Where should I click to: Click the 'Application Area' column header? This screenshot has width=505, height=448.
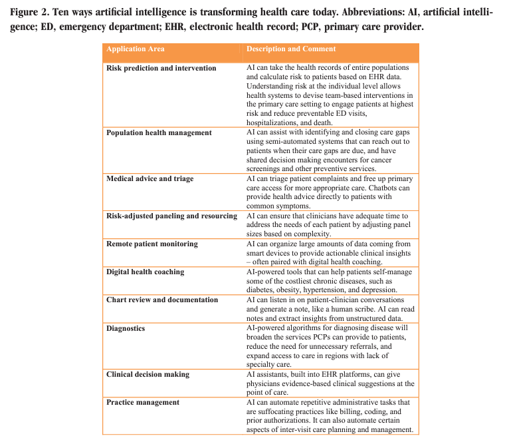point(136,49)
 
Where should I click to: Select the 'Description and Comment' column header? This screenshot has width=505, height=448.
point(291,49)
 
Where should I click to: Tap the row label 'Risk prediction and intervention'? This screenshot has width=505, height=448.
point(161,68)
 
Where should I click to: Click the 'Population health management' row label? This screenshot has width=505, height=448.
point(159,132)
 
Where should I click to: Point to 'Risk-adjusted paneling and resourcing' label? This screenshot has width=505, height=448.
point(171,216)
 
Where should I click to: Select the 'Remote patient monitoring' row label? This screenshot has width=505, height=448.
point(152,244)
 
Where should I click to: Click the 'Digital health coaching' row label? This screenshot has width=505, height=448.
point(146,272)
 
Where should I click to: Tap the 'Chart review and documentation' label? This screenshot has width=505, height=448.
point(162,300)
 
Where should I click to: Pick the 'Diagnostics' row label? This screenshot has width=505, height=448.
point(126,328)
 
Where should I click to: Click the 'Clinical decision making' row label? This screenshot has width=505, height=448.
point(148,375)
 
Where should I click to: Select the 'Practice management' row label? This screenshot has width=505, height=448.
point(143,403)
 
